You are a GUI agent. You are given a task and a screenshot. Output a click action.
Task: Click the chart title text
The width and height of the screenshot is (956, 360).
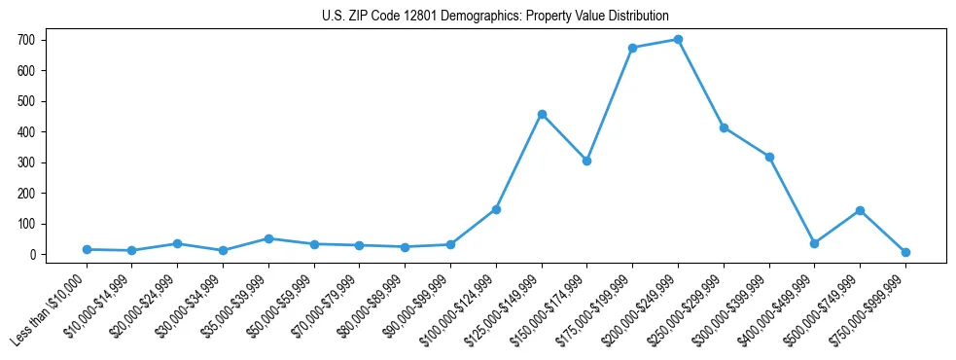click(x=495, y=16)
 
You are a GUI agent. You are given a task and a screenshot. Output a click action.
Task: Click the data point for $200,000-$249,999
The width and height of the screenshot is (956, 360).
click(x=678, y=40)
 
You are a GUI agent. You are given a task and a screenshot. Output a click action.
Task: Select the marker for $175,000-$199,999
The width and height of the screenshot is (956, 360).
click(x=632, y=48)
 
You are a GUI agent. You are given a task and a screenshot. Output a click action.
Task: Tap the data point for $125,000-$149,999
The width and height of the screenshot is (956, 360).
click(x=542, y=114)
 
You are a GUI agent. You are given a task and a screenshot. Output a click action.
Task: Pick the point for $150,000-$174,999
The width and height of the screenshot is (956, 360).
click(x=586, y=161)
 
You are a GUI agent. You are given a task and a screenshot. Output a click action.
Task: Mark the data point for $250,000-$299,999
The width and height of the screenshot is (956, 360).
click(x=724, y=127)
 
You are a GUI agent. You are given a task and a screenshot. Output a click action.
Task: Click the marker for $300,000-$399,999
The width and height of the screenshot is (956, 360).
click(x=769, y=157)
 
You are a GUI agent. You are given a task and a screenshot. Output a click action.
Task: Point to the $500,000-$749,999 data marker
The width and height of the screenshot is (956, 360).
click(x=860, y=210)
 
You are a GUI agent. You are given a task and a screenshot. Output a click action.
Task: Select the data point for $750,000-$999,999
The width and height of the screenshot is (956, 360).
click(x=905, y=252)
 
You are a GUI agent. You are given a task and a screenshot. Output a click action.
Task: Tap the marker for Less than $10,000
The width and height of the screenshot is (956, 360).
click(x=87, y=249)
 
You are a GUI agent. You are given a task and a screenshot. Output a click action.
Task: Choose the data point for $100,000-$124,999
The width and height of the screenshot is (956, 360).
click(x=496, y=209)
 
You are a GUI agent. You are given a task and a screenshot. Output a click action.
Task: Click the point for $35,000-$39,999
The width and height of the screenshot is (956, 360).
click(x=268, y=238)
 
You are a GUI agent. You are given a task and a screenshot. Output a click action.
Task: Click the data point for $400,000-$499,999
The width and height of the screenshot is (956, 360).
click(x=814, y=243)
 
